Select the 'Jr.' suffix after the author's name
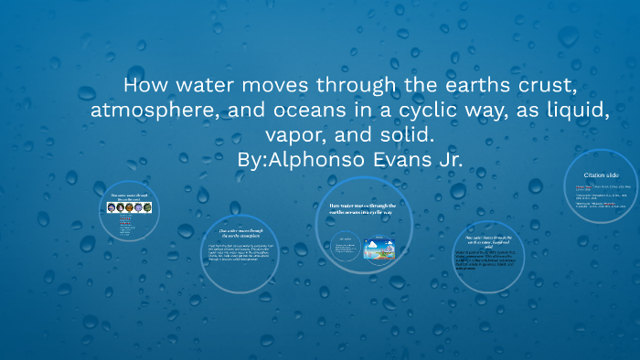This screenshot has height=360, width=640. coord(447,159)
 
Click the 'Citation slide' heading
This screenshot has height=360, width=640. coord(600,174)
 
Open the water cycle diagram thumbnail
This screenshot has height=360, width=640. coord(380,249)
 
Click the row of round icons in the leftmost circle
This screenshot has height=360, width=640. coord(129,207)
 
